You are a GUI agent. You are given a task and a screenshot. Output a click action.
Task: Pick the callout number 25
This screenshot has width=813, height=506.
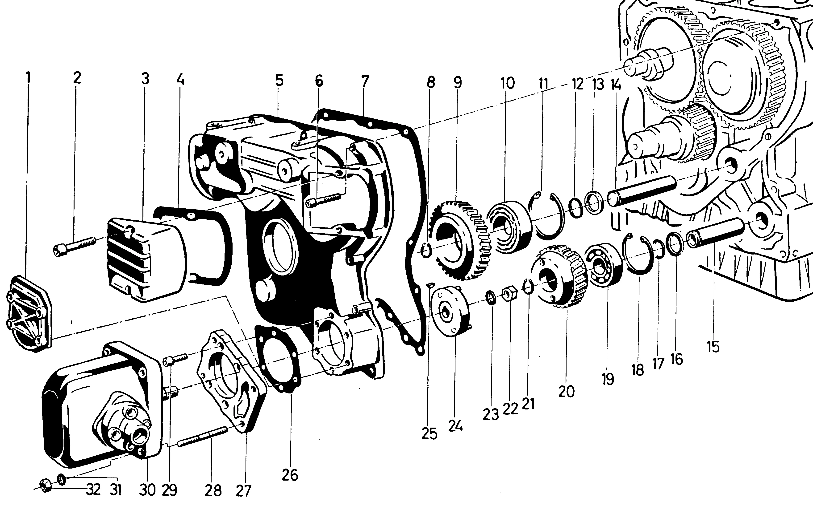tap(429, 434)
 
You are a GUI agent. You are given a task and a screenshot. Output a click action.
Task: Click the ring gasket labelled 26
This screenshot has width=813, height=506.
tap(278, 358)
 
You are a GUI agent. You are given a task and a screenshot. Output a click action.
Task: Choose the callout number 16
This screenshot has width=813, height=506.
tap(677, 359)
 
